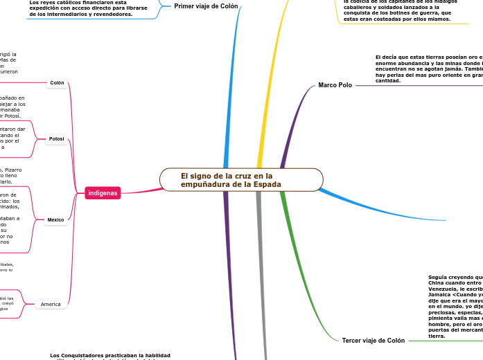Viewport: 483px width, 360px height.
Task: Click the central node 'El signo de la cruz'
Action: point(241,180)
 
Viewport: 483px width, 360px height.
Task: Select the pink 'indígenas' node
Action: point(103,192)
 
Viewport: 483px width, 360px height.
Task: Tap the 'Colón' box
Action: point(57,83)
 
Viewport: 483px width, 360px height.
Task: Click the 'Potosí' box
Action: point(56,139)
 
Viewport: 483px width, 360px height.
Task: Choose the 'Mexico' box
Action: point(55,220)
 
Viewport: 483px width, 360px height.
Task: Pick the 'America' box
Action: point(51,304)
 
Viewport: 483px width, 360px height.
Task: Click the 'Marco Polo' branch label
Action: point(335,85)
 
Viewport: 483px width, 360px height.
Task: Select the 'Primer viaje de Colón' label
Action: point(206,6)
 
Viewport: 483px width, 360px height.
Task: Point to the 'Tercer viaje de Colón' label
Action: point(373,341)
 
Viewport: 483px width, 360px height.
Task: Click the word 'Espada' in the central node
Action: point(267,184)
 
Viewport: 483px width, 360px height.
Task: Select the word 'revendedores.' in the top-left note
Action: point(111,14)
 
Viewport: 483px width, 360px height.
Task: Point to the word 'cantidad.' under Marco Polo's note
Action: point(387,80)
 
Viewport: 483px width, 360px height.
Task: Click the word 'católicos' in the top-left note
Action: point(68,2)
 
